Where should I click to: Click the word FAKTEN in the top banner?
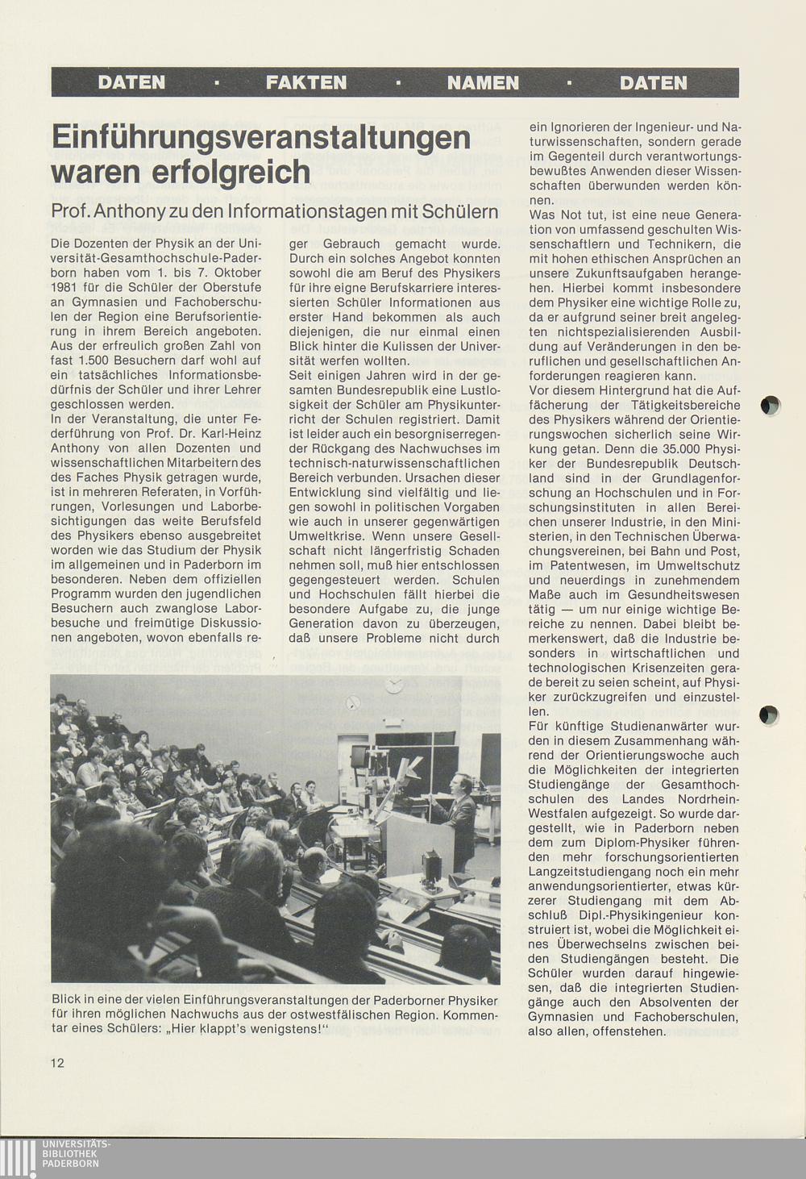pos(306,82)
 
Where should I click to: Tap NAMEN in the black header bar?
pos(483,82)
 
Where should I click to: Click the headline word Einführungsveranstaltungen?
pos(260,136)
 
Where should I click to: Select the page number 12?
pos(57,1063)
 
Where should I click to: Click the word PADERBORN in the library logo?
pos(70,1164)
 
